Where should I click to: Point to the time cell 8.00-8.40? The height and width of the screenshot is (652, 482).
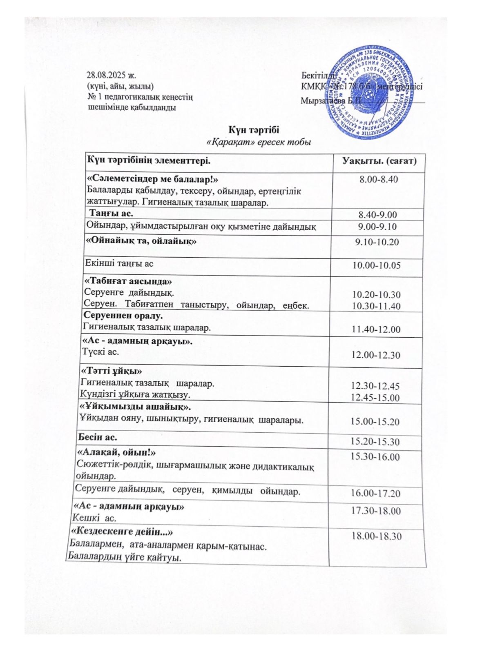pyautogui.click(x=378, y=179)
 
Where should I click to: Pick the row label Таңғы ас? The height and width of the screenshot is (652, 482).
pyautogui.click(x=111, y=214)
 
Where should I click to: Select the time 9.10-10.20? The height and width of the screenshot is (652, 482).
pyautogui.click(x=377, y=242)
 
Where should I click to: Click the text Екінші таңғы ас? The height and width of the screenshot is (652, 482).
pyautogui.click(x=119, y=264)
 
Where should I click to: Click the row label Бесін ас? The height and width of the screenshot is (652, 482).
pyautogui.click(x=98, y=437)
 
